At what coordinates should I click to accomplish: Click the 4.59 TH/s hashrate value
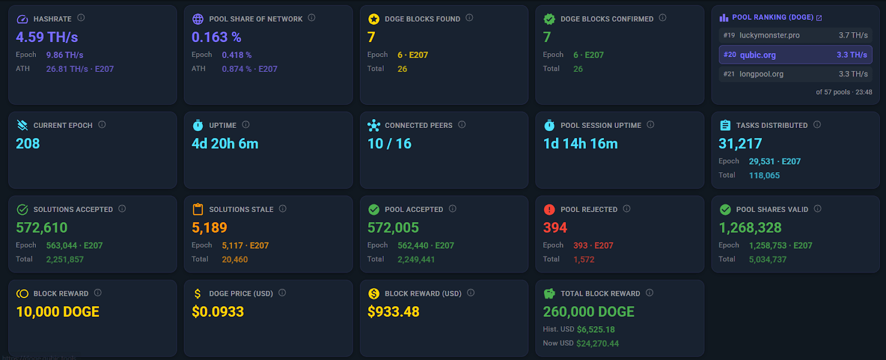[x=47, y=37]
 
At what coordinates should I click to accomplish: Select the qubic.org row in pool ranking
[x=795, y=55]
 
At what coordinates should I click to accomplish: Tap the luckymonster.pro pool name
[x=769, y=35]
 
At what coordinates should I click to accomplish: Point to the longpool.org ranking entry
[x=761, y=74]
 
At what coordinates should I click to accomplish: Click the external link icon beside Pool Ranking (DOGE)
[x=819, y=18]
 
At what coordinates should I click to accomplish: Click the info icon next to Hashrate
[x=81, y=18]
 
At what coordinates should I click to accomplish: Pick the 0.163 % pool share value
[x=217, y=37]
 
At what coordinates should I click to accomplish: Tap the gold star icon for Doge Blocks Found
[x=374, y=19]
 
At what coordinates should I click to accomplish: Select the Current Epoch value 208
[x=28, y=143]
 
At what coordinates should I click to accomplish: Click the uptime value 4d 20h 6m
[x=225, y=143]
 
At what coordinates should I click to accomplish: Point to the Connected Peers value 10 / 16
[x=389, y=143]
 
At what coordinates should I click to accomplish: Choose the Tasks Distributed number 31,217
[x=740, y=143]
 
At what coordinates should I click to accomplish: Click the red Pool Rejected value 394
[x=555, y=228]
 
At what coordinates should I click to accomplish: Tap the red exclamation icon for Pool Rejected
[x=549, y=209]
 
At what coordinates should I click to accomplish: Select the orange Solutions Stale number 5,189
[x=209, y=228]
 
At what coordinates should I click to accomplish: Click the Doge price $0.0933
[x=218, y=312]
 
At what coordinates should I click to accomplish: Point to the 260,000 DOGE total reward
[x=589, y=312]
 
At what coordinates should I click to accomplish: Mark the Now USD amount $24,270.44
[x=597, y=343]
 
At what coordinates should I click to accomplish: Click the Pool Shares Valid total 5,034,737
[x=767, y=259]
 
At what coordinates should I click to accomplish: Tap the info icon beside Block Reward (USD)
[x=471, y=293]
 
